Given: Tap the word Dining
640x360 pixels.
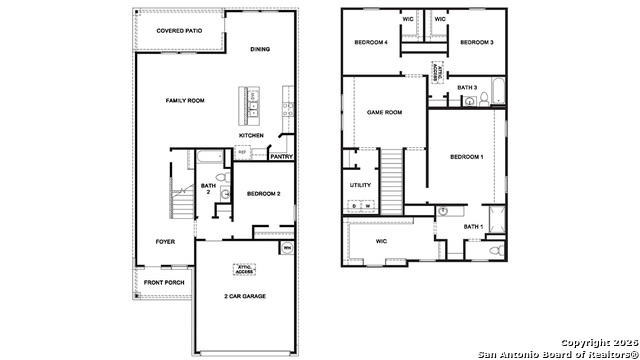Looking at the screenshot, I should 260,49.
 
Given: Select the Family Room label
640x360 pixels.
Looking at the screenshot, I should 185,100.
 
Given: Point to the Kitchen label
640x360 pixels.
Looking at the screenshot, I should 251,135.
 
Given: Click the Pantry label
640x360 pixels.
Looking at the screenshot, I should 281,156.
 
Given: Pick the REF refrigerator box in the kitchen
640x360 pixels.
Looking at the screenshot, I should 241,152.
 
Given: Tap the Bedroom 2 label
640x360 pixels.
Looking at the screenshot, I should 264,192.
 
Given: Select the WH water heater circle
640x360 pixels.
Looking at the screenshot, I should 287,248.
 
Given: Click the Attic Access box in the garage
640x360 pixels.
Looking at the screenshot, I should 244,268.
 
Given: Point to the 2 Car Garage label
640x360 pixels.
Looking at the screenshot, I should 244,296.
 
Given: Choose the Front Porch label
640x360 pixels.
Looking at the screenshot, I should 163,283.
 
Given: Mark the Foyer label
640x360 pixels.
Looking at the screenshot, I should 165,242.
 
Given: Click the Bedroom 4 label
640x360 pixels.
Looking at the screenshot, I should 370,43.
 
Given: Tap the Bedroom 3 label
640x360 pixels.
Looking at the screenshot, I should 477,43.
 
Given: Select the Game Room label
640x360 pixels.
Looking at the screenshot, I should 384,112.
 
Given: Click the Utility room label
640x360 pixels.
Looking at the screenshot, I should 360,185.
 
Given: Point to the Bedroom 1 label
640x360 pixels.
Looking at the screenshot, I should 466,157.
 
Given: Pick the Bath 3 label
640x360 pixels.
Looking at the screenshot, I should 467,87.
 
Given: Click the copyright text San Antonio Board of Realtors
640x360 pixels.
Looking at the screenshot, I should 556,352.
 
